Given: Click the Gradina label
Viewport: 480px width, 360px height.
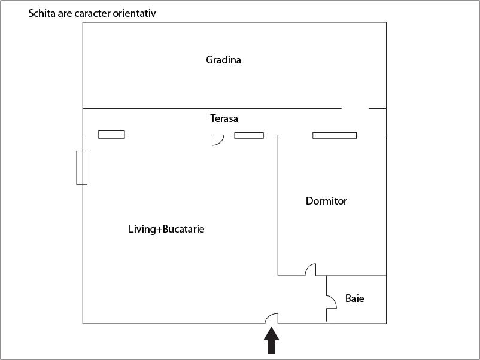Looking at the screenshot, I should click(223, 60).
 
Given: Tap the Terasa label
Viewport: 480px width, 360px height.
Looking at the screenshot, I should click(224, 118).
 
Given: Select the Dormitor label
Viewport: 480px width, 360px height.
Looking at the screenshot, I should click(326, 201).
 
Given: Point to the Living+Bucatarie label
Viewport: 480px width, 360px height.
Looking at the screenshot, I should click(166, 229).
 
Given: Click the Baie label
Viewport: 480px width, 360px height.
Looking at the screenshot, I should click(354, 298).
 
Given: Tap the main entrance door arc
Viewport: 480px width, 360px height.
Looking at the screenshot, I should click(272, 318).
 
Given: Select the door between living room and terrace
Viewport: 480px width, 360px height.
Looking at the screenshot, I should click(217, 140).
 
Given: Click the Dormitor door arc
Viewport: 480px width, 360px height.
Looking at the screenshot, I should click(311, 270).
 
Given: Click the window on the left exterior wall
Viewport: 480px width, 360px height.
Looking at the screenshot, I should click(81, 167).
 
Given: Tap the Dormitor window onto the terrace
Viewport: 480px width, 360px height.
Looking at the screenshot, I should click(334, 135).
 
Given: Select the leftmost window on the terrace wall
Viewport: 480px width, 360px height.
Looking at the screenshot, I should click(111, 135).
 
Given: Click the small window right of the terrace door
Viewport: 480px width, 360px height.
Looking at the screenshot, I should click(248, 135).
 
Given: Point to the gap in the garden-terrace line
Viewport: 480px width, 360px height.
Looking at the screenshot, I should click(355, 108).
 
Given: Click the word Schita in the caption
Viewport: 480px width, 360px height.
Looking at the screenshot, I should click(41, 12).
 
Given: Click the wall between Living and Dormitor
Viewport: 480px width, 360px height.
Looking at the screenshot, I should click(278, 203).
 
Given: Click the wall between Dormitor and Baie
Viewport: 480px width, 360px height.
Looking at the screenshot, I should click(353, 276).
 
